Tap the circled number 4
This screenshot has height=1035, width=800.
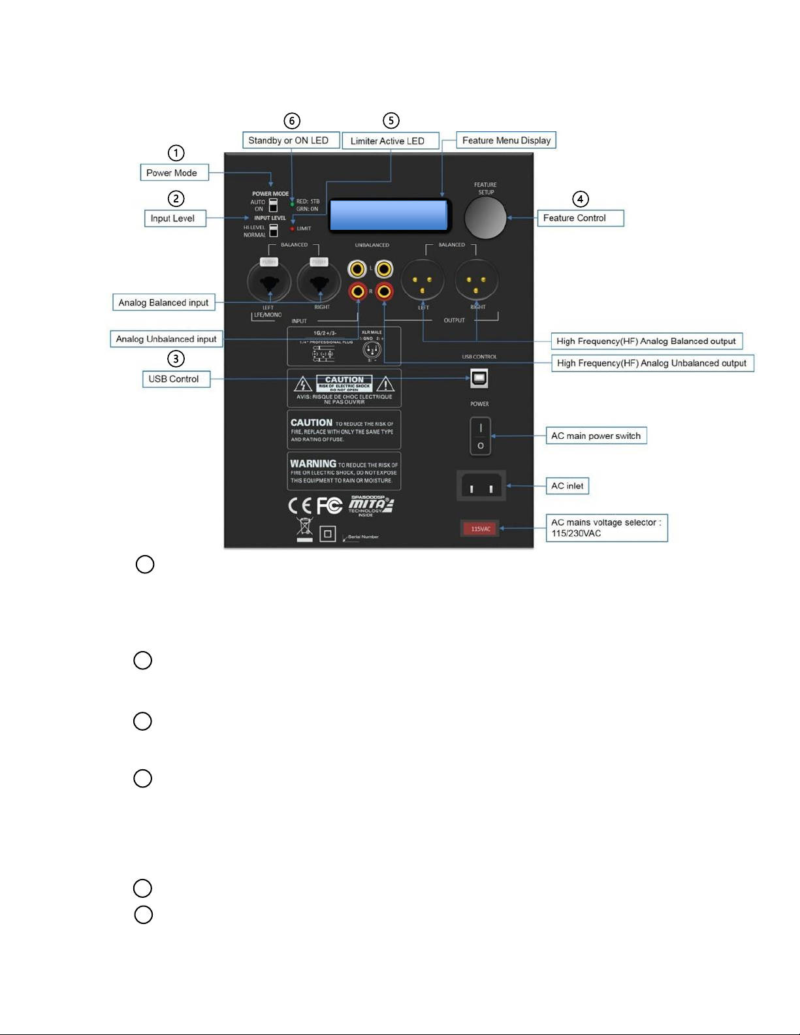[581, 199]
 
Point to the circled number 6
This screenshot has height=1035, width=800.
[292, 121]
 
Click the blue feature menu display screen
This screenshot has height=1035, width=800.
[389, 215]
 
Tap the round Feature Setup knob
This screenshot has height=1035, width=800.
[485, 218]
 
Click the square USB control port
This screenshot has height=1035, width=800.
[479, 379]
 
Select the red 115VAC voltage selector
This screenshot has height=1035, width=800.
[480, 528]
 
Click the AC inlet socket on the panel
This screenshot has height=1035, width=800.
[481, 485]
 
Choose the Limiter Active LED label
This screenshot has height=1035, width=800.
[390, 141]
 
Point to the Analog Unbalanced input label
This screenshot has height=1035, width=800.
[167, 339]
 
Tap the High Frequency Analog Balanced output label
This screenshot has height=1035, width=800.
[647, 341]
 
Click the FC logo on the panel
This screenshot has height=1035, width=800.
[329, 505]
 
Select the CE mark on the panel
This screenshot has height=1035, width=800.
[300, 505]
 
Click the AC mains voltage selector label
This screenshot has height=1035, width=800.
[607, 528]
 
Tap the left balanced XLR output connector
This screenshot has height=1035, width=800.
[423, 280]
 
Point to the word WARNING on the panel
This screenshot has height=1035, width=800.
[313, 464]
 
